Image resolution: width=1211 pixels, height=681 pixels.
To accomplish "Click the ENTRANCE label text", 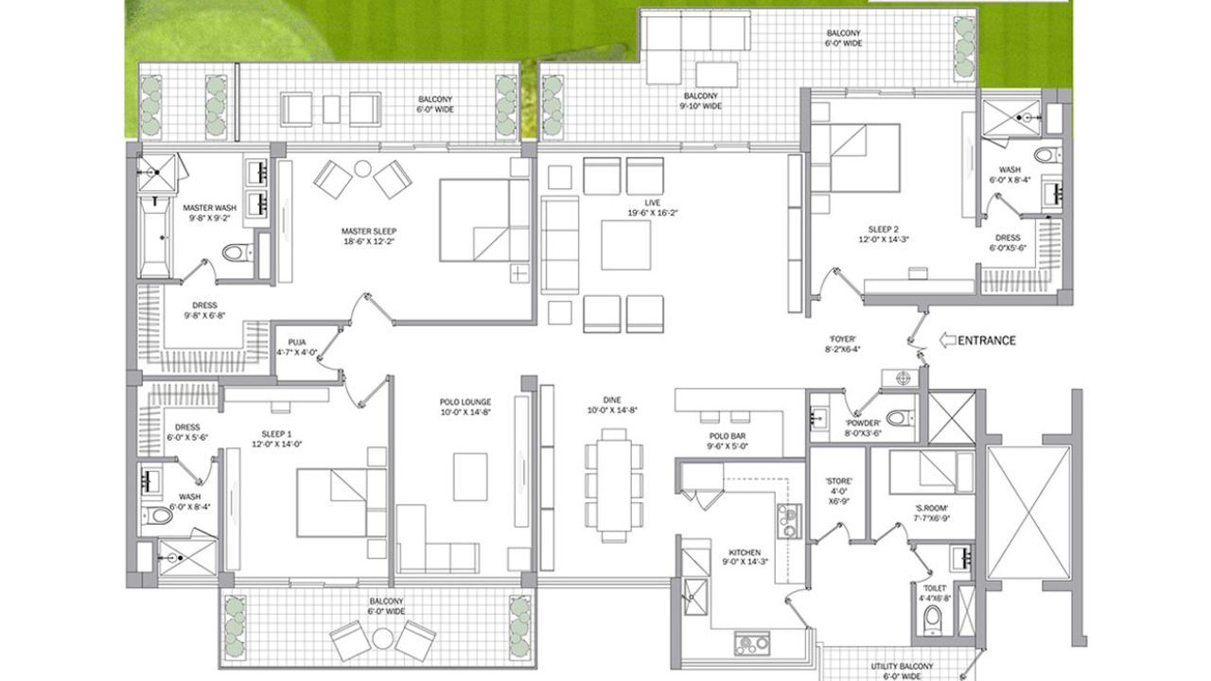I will point(988,340).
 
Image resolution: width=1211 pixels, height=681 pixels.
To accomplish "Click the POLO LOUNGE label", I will point(463,406).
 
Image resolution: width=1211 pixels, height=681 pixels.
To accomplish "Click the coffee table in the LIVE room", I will point(625,246).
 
